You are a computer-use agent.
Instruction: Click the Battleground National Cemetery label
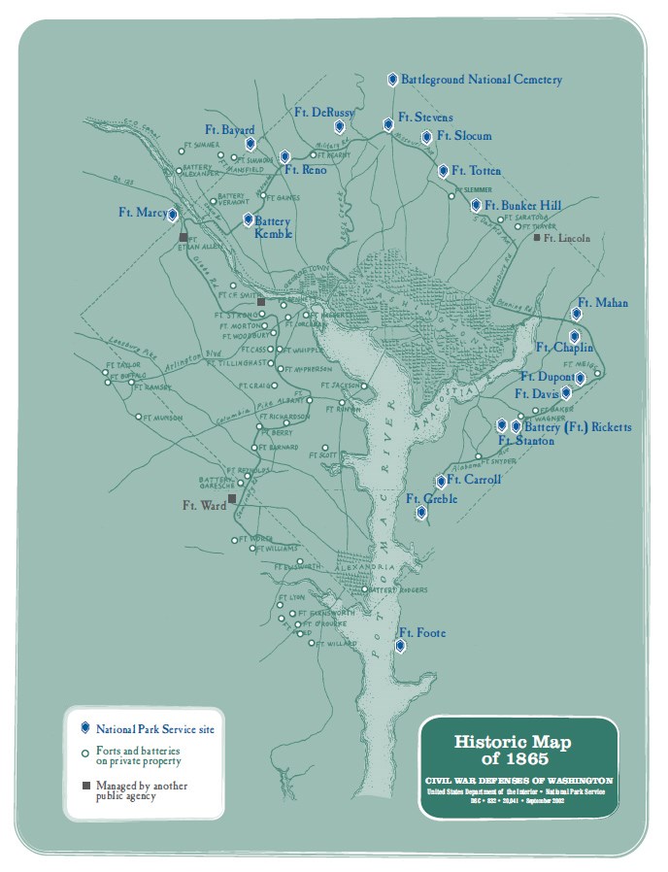click(482, 80)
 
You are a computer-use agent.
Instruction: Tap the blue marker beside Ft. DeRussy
click(339, 127)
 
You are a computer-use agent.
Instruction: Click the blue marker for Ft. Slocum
click(426, 137)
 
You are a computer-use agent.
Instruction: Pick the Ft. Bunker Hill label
click(524, 206)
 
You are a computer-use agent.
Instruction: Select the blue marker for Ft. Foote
click(401, 645)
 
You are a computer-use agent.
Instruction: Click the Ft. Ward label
click(203, 505)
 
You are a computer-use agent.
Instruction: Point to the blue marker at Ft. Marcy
click(173, 216)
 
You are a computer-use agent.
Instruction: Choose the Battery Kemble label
click(273, 227)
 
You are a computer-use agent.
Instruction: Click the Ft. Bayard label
click(229, 130)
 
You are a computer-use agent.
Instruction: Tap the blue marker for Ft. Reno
click(284, 156)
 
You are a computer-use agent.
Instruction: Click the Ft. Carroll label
click(476, 481)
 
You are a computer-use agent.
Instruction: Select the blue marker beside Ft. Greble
click(420, 513)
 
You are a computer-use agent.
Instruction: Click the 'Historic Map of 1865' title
click(513, 749)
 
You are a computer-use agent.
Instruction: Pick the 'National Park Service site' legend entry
click(154, 727)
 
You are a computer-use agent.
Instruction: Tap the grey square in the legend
click(85, 785)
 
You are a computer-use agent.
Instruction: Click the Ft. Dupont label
click(546, 376)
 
